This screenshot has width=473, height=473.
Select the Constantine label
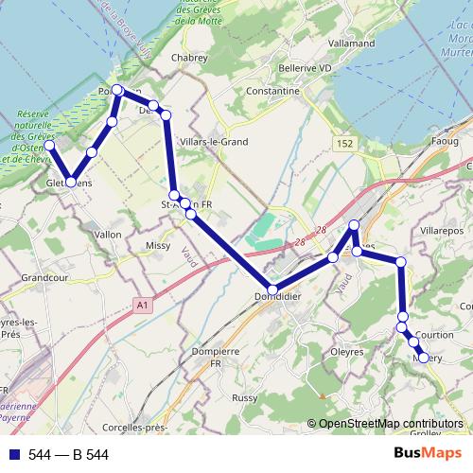point(272,91)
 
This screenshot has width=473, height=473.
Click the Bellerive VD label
point(306,68)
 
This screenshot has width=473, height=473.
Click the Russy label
point(244,398)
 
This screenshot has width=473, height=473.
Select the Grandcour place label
point(42,279)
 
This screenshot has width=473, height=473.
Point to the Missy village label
point(158,245)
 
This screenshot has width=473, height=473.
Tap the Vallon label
point(109,234)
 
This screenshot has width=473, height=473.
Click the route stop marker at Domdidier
point(272,289)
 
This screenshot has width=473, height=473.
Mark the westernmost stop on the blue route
point(48,146)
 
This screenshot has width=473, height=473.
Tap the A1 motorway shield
point(142,306)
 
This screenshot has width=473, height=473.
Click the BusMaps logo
point(428,453)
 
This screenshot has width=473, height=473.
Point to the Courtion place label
point(434,335)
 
